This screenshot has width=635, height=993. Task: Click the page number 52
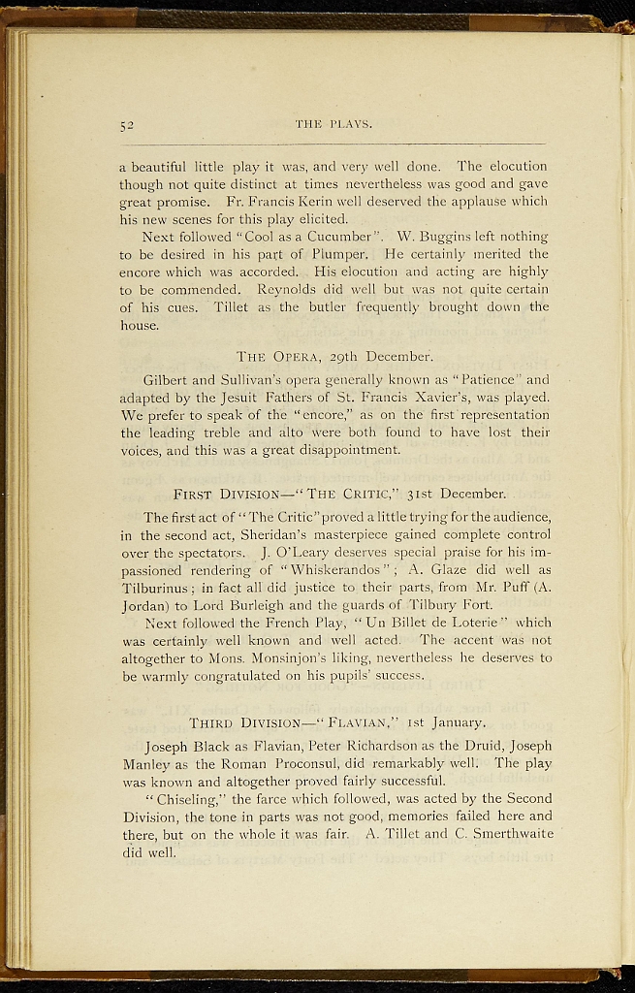127,125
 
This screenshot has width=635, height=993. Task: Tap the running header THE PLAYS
333,124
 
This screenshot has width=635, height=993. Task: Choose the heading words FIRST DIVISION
220,494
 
